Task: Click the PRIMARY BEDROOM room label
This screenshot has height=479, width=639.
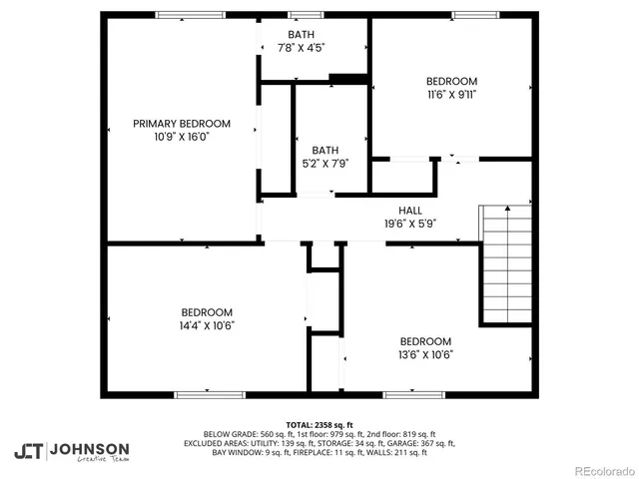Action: click(182, 124)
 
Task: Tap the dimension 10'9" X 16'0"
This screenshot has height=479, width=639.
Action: click(182, 137)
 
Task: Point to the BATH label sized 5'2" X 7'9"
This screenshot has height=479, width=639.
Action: click(325, 151)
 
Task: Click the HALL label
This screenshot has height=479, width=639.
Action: click(410, 211)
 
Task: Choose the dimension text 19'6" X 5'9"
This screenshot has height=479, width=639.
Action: click(410, 224)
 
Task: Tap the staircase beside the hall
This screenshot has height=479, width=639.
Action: click(507, 263)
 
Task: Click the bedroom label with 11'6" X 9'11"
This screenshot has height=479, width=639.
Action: click(451, 82)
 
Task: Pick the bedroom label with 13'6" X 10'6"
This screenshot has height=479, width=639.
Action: click(425, 341)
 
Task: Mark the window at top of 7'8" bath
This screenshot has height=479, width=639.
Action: click(301, 15)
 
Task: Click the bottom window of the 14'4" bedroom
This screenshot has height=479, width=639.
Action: click(210, 394)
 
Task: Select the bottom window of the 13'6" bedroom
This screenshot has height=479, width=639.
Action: click(413, 394)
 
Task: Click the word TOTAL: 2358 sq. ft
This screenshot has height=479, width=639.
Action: click(319, 425)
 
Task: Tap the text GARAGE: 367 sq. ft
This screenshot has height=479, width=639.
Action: click(420, 443)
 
